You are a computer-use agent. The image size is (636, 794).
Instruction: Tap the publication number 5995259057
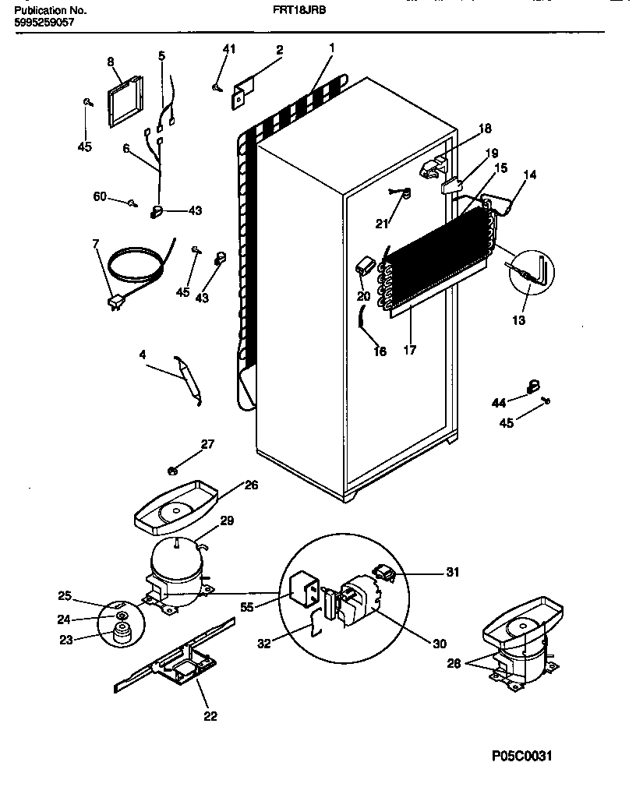(x=44, y=23)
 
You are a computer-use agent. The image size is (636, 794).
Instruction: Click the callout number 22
(x=210, y=716)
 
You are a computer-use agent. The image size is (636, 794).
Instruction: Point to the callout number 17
(x=409, y=350)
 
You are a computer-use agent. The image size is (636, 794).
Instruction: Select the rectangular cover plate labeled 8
(x=124, y=101)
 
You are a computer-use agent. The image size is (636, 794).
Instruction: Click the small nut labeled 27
(x=172, y=469)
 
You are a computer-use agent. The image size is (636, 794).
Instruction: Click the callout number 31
(x=451, y=573)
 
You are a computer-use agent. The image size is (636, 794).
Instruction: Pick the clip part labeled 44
(x=534, y=383)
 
